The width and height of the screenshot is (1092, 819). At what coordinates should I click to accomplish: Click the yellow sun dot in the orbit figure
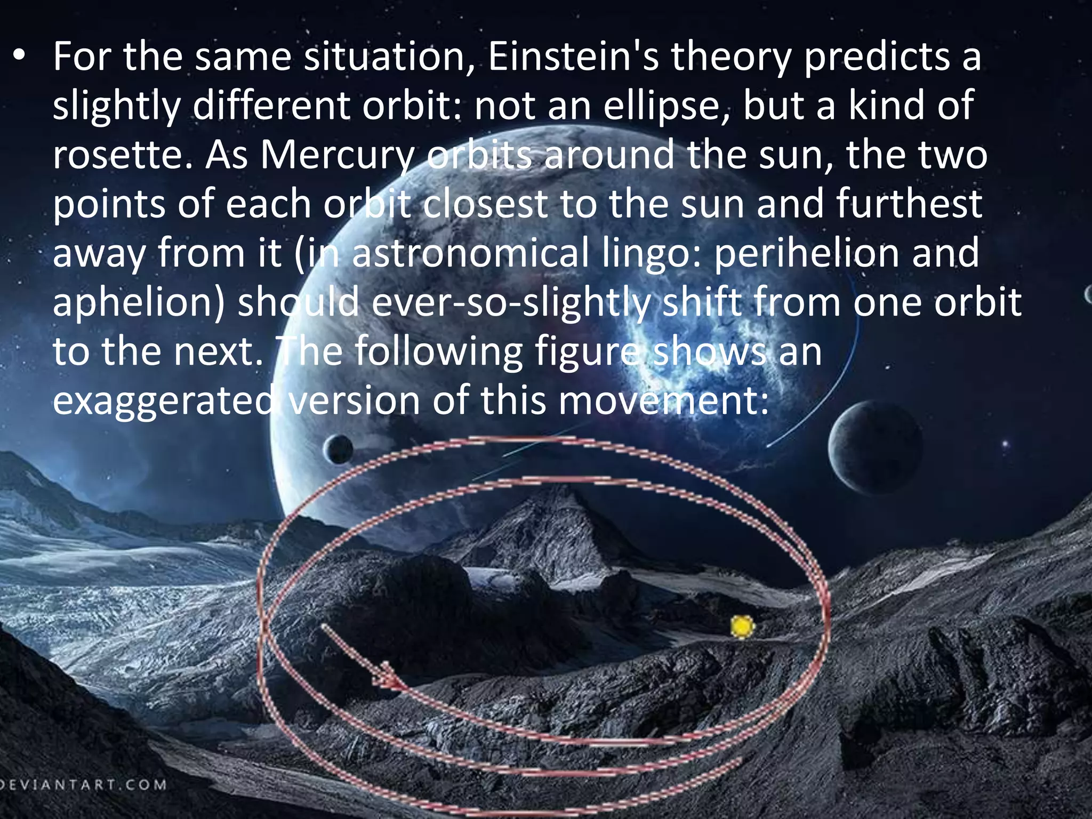742,627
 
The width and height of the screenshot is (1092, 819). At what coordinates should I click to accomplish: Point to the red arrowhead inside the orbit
389,678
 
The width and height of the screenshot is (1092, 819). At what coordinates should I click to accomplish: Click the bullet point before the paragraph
20,57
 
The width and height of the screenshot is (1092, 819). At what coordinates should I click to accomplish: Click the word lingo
651,254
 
